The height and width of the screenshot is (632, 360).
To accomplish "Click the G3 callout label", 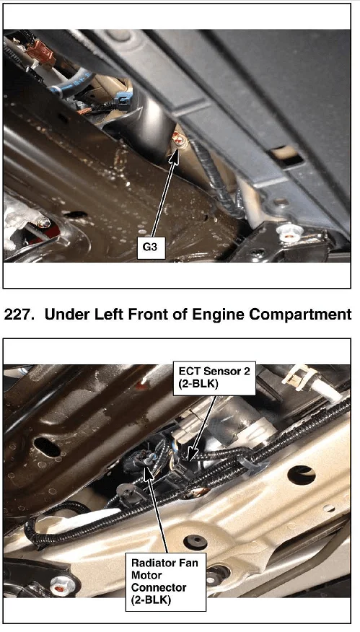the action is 150,246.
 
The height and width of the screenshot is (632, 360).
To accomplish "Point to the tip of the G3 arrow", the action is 177,149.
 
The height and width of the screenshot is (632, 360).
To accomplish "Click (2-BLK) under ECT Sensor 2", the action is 198,384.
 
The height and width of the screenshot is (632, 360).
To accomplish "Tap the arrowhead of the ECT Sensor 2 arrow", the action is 191,455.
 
